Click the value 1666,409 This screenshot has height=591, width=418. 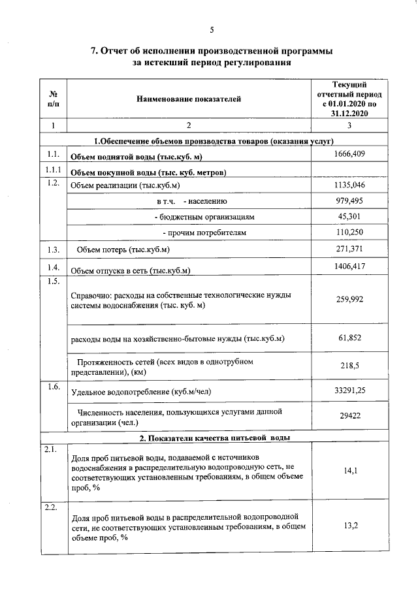tap(349, 154)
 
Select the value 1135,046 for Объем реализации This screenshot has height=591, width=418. tap(349, 185)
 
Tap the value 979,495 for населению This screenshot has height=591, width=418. tap(349, 201)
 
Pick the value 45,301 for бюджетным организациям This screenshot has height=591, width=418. tap(349, 216)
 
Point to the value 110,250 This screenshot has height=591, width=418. tap(349, 232)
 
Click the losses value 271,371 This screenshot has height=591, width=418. tap(349, 249)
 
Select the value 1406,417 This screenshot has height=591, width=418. tap(349, 266)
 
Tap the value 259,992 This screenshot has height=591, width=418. tap(349, 299)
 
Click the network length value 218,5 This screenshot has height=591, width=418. tap(349, 367)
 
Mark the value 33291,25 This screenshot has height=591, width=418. tap(349, 391)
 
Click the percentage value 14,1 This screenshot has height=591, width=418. tap(349, 470)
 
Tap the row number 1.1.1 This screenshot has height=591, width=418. tap(54, 171)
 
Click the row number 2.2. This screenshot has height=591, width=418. tap(52, 507)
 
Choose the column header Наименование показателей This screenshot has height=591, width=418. tap(189, 99)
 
